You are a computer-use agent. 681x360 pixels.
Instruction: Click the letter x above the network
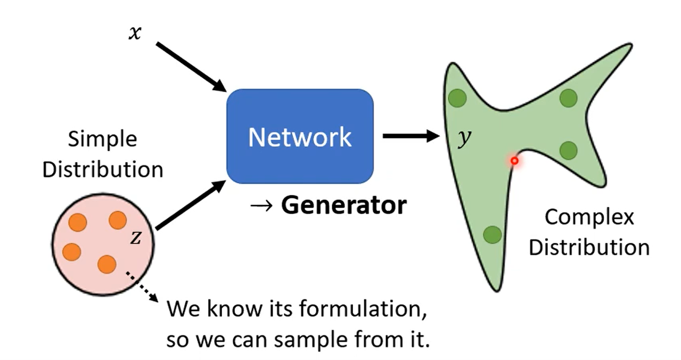(135, 32)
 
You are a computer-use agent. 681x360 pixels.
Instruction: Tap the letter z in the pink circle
(136, 238)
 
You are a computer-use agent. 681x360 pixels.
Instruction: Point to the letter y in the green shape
(464, 138)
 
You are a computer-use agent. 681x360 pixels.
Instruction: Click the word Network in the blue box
(300, 137)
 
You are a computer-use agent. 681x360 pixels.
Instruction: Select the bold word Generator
(344, 205)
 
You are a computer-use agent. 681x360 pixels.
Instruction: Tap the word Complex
(589, 218)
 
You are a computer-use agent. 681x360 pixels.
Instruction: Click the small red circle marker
(514, 160)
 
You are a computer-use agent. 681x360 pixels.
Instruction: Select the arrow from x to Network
(192, 67)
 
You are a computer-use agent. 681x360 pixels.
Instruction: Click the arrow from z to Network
(191, 204)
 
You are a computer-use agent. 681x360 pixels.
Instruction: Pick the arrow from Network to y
(412, 136)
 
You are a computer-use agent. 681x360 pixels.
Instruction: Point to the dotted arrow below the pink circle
(142, 287)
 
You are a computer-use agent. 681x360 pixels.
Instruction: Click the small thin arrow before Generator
(261, 206)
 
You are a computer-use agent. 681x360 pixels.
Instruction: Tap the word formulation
(363, 309)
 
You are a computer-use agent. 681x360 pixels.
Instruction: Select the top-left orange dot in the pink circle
(78, 222)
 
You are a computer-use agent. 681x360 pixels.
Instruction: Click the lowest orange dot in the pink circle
(106, 264)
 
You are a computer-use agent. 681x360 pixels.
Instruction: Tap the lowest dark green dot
(492, 235)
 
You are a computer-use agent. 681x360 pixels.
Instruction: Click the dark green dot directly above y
(457, 98)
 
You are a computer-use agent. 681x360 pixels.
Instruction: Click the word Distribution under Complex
(589, 248)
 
